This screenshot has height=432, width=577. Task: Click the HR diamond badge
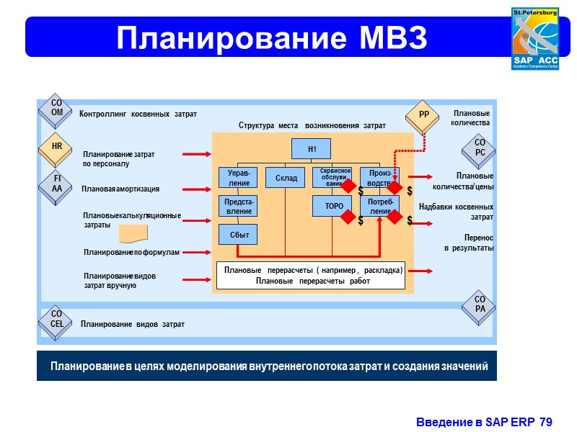click(57, 146)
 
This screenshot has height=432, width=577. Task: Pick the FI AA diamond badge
click(57, 184)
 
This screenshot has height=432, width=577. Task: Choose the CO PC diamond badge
click(480, 148)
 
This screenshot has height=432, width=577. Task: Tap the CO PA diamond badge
click(480, 305)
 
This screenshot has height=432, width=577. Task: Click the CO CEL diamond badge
click(57, 320)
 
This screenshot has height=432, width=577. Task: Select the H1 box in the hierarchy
click(312, 148)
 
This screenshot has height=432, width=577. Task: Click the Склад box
click(286, 177)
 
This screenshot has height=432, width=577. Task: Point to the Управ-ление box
click(238, 177)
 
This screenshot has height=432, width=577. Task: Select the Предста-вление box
click(238, 206)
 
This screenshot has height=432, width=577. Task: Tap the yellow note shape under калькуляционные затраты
click(133, 233)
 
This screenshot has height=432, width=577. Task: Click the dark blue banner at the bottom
click(267, 367)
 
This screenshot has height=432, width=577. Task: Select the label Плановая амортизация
click(120, 189)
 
